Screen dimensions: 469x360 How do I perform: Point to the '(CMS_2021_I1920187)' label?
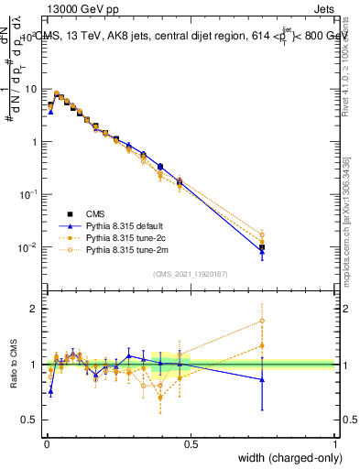pyautogui.click(x=191, y=273)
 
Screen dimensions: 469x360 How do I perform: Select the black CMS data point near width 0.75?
pyautogui.click(x=262, y=247)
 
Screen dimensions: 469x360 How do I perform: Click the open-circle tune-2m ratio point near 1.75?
pyautogui.click(x=262, y=322)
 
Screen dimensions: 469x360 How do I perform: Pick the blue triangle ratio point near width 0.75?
pyautogui.click(x=262, y=379)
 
